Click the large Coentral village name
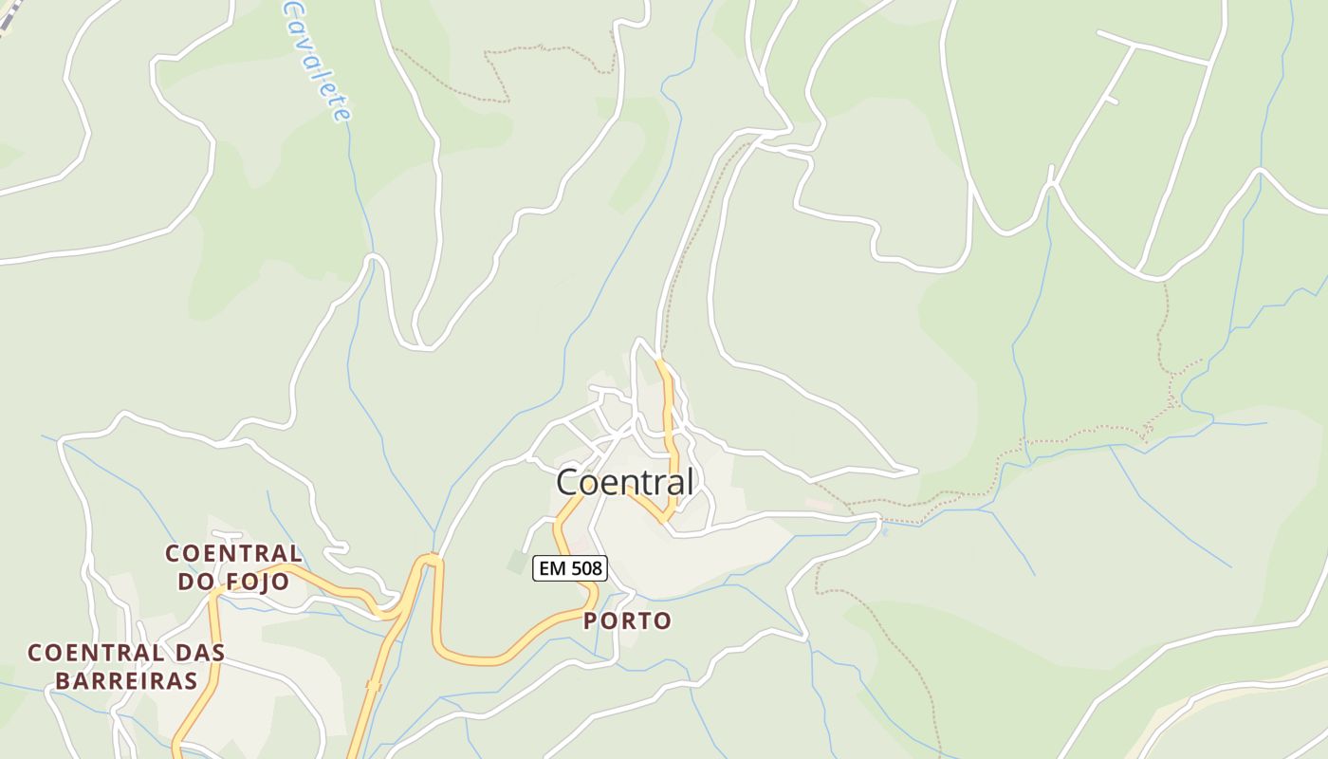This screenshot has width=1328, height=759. (x=624, y=482)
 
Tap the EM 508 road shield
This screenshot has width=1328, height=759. (x=569, y=568)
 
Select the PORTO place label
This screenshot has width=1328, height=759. (x=628, y=621)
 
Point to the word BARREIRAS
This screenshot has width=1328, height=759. (x=126, y=680)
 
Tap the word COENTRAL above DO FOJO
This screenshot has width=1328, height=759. (x=233, y=553)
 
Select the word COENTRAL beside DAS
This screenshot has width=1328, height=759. (x=95, y=653)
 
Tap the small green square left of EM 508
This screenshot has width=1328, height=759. (x=515, y=562)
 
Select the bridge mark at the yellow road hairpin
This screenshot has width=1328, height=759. (x=432, y=558)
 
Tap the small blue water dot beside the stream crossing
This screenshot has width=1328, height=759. (x=885, y=531)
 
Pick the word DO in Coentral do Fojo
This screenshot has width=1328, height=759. (x=195, y=582)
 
